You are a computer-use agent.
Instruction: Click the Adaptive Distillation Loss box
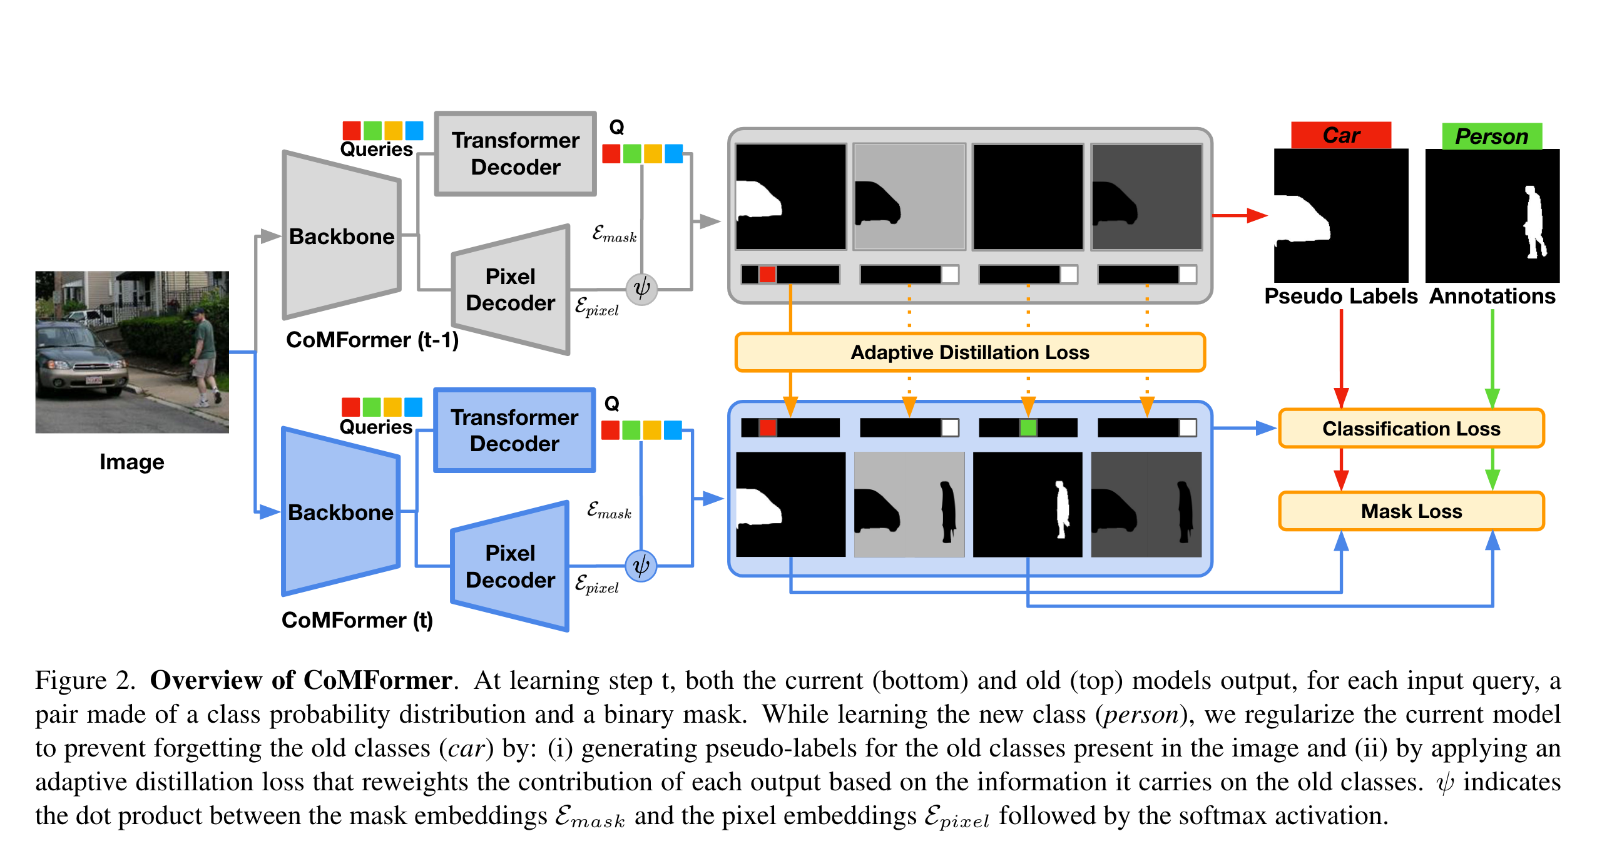[x=969, y=352]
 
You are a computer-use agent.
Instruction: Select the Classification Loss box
[x=1411, y=429]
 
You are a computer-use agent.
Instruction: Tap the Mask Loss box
[x=1411, y=511]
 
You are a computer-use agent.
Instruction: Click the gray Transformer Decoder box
[x=515, y=154]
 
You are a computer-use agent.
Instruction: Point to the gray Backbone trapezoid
[x=341, y=237]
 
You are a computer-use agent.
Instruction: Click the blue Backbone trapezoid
[x=340, y=512]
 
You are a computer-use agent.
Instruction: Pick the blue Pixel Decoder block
[x=510, y=567]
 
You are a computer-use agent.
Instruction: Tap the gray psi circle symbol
[x=641, y=289]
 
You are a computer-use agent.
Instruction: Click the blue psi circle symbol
[x=641, y=566]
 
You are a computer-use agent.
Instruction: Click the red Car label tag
[x=1340, y=135]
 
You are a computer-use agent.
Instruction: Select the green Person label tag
[x=1491, y=136]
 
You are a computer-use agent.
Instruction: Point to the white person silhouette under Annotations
[x=1534, y=222]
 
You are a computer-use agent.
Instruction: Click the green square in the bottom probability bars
[x=1028, y=428]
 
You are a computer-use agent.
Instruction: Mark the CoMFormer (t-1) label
[x=372, y=340]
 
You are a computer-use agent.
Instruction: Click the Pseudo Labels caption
[x=1340, y=296]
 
